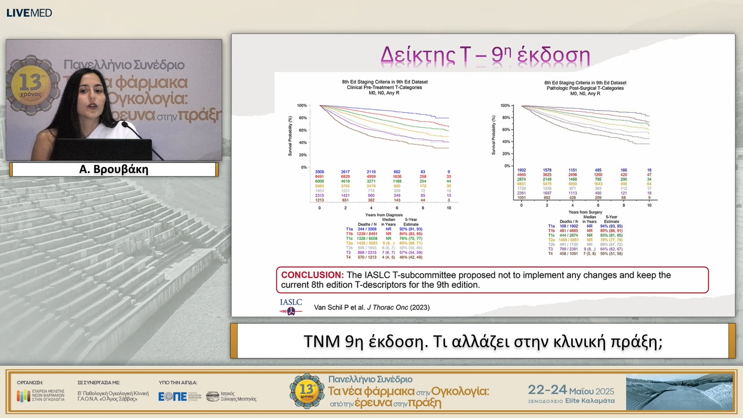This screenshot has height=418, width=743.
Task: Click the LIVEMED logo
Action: (29, 13)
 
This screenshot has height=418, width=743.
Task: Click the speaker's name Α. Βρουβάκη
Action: (114, 170)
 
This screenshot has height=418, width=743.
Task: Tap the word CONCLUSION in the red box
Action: (312, 275)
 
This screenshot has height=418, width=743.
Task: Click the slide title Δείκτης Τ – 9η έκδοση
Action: (485, 55)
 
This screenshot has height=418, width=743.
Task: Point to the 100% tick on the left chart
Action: (302, 105)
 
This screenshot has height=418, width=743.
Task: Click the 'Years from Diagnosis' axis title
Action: (383, 215)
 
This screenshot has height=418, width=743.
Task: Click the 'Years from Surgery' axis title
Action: (585, 212)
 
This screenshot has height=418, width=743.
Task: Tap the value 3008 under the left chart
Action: (319, 171)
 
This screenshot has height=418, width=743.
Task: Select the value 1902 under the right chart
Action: (521, 170)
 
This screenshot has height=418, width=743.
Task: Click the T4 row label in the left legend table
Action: (348, 257)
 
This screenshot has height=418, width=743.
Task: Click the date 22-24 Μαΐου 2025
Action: (571, 390)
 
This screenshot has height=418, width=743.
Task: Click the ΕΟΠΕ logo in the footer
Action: (173, 396)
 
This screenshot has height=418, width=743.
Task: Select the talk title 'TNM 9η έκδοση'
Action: (483, 341)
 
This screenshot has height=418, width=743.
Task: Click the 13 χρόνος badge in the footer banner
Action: (307, 391)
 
